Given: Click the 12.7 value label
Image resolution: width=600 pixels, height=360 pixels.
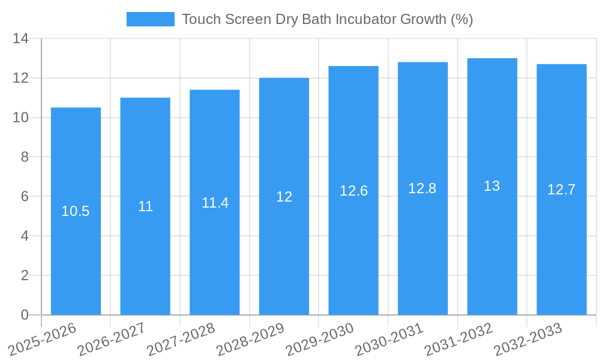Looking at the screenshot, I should point(561,190).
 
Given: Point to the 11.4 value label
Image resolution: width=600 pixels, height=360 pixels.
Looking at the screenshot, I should point(215,203).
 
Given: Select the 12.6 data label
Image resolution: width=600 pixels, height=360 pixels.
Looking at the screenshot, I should point(353,191).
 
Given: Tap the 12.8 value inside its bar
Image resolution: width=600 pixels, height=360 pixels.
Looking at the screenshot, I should point(422,188).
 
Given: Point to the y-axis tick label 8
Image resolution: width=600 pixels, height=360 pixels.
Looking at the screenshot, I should point(25,157).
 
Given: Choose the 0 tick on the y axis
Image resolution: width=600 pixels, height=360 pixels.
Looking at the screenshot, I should point(25,315).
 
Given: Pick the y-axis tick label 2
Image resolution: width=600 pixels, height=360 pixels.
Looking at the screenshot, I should point(25,275).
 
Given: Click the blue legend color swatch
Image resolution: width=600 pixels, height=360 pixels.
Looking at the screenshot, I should point(150,19).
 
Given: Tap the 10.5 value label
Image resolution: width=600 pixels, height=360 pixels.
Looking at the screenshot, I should point(76,211).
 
